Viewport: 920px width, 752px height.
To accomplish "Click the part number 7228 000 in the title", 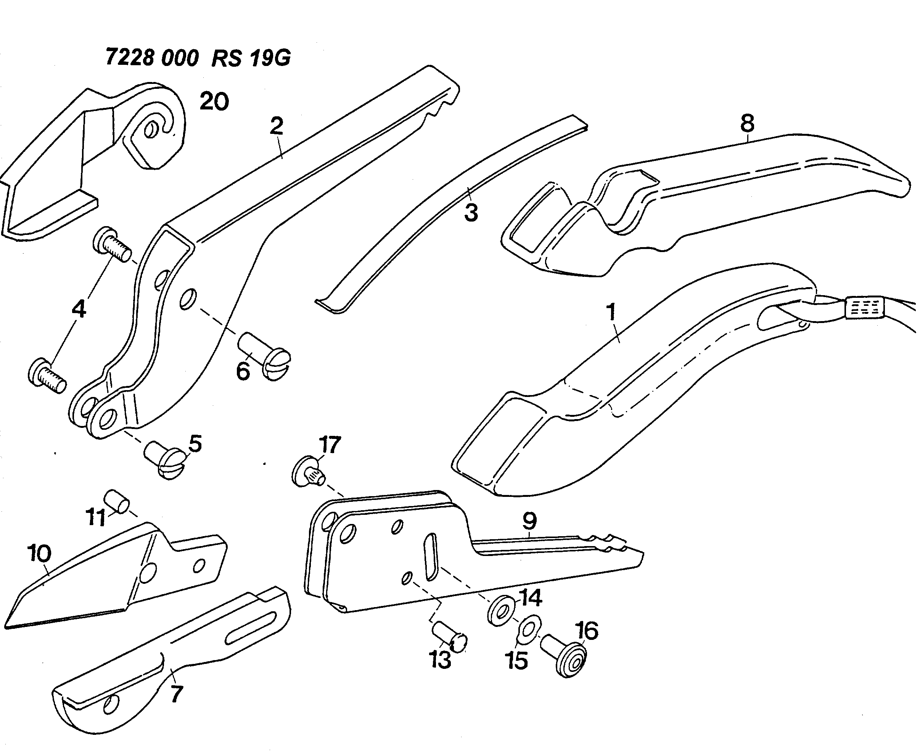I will [152, 57].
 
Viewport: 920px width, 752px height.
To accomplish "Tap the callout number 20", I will [214, 101].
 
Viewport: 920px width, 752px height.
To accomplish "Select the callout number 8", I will [747, 124].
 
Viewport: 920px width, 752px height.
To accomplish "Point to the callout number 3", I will [471, 213].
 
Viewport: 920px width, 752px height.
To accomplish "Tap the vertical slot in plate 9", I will [431, 557].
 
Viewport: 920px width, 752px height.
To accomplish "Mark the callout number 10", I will [39, 553].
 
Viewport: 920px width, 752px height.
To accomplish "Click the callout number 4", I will [79, 309].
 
